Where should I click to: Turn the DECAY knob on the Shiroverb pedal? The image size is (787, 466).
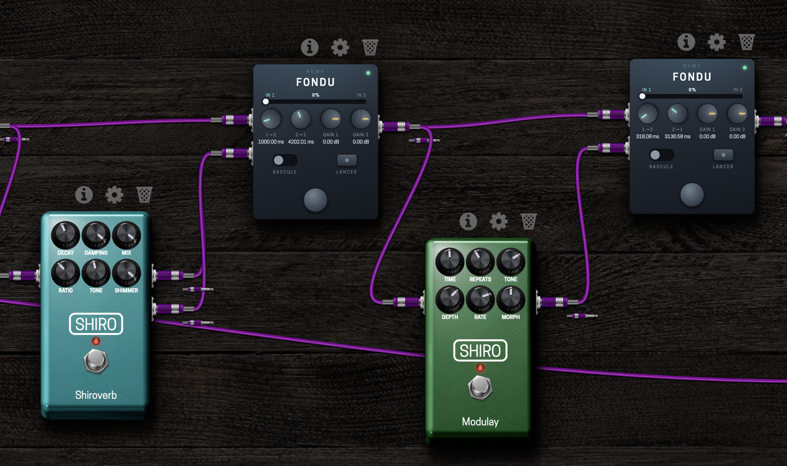65,235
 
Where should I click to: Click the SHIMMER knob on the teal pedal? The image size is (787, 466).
127,273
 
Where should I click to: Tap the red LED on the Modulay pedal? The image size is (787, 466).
481,368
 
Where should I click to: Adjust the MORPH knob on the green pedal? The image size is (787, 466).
511,300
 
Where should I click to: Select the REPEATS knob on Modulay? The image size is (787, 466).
481,262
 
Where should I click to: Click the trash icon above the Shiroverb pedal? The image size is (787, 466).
145,195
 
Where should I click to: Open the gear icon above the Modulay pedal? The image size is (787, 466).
498,221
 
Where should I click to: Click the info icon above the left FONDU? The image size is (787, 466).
309,47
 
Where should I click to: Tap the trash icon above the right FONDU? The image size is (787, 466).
746,42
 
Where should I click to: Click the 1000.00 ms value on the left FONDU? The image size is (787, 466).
271,142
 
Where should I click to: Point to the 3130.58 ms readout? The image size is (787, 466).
677,137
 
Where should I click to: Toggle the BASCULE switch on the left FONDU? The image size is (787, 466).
285,160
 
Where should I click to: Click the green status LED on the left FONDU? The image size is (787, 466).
368,73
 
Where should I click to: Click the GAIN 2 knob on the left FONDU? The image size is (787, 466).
361,119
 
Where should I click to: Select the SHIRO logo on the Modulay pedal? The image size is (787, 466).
481,350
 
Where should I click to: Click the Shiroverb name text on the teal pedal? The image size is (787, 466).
96,395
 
